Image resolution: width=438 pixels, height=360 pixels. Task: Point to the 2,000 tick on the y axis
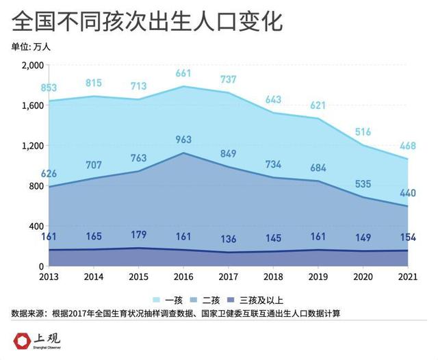(31, 65)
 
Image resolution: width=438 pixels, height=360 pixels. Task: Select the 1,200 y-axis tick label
(31, 146)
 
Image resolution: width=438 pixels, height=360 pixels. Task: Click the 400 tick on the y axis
(36, 227)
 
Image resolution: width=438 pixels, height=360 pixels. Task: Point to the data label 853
(48, 88)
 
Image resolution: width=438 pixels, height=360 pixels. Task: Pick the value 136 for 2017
(229, 240)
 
